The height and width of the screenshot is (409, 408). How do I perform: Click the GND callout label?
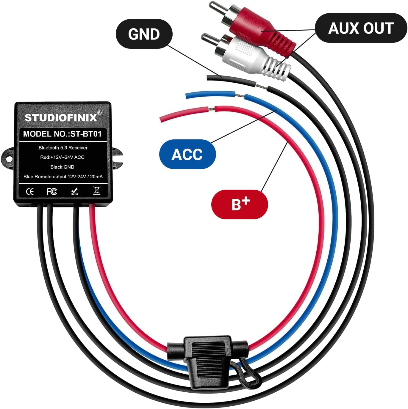pos(144,34)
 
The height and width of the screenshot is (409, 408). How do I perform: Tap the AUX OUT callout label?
pos(361,28)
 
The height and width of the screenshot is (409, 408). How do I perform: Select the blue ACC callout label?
pos(187,154)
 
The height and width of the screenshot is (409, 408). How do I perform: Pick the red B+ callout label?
pos(240,204)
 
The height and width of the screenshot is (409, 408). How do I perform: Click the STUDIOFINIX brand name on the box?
pos(61,118)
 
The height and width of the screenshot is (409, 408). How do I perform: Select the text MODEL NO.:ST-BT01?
pos(62,134)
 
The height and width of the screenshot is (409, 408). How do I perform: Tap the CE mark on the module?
pos(30,191)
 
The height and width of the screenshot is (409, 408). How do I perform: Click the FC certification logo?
pos(52,191)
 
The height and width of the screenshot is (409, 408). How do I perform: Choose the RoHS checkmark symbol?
pos(74,191)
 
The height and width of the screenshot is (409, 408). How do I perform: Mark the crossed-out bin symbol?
pos(97,191)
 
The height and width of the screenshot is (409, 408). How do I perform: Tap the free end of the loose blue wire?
pos(187,95)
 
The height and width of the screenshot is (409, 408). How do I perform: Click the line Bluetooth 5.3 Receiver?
pos(63,148)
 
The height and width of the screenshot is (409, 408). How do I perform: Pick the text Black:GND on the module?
pos(62,167)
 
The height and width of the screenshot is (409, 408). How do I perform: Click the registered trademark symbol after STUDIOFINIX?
pos(99,113)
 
